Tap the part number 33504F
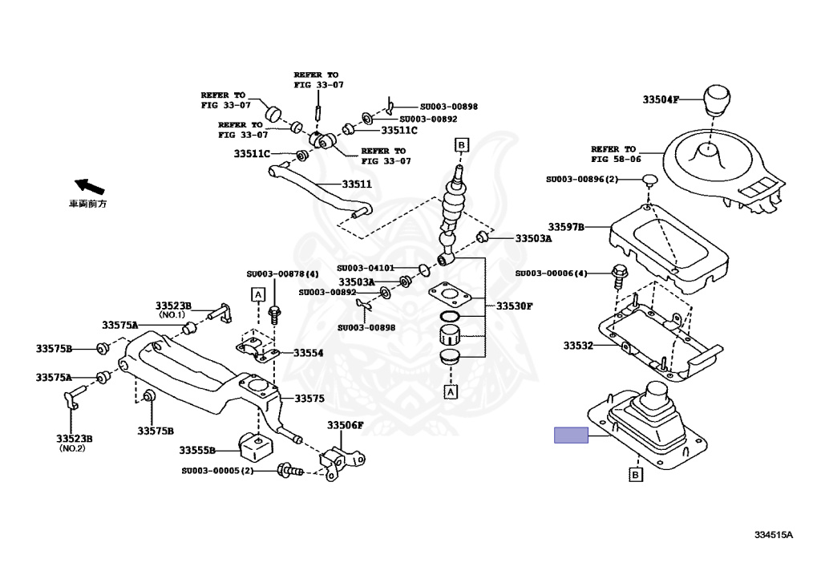[x=661, y=100]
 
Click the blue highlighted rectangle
[x=571, y=435]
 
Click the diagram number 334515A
[x=773, y=535]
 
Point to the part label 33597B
[x=566, y=227]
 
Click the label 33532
[x=577, y=346]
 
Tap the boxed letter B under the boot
[x=635, y=476]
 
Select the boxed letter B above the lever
[x=461, y=144]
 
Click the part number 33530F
[x=514, y=306]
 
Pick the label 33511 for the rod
[x=358, y=184]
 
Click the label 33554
[x=309, y=352]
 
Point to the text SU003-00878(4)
[x=282, y=274]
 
